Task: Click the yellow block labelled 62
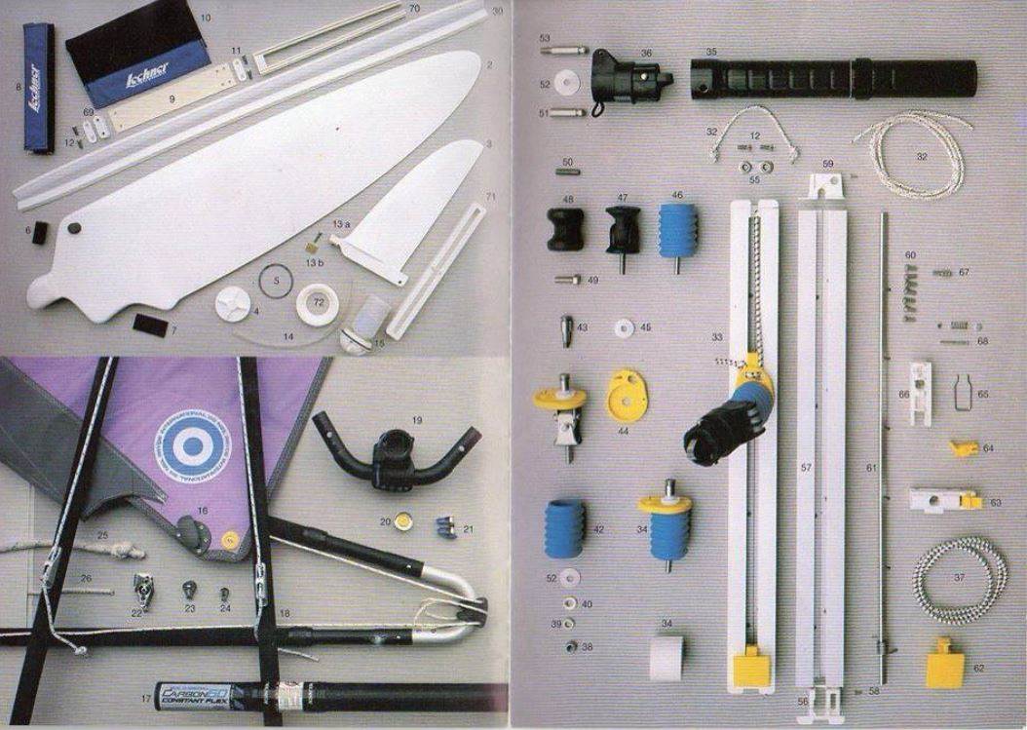coord(943,663)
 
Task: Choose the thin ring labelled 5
coord(276,285)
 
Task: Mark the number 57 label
coord(806,469)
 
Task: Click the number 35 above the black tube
coord(711,52)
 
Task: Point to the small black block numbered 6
coord(40,233)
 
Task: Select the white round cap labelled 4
coord(231,301)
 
